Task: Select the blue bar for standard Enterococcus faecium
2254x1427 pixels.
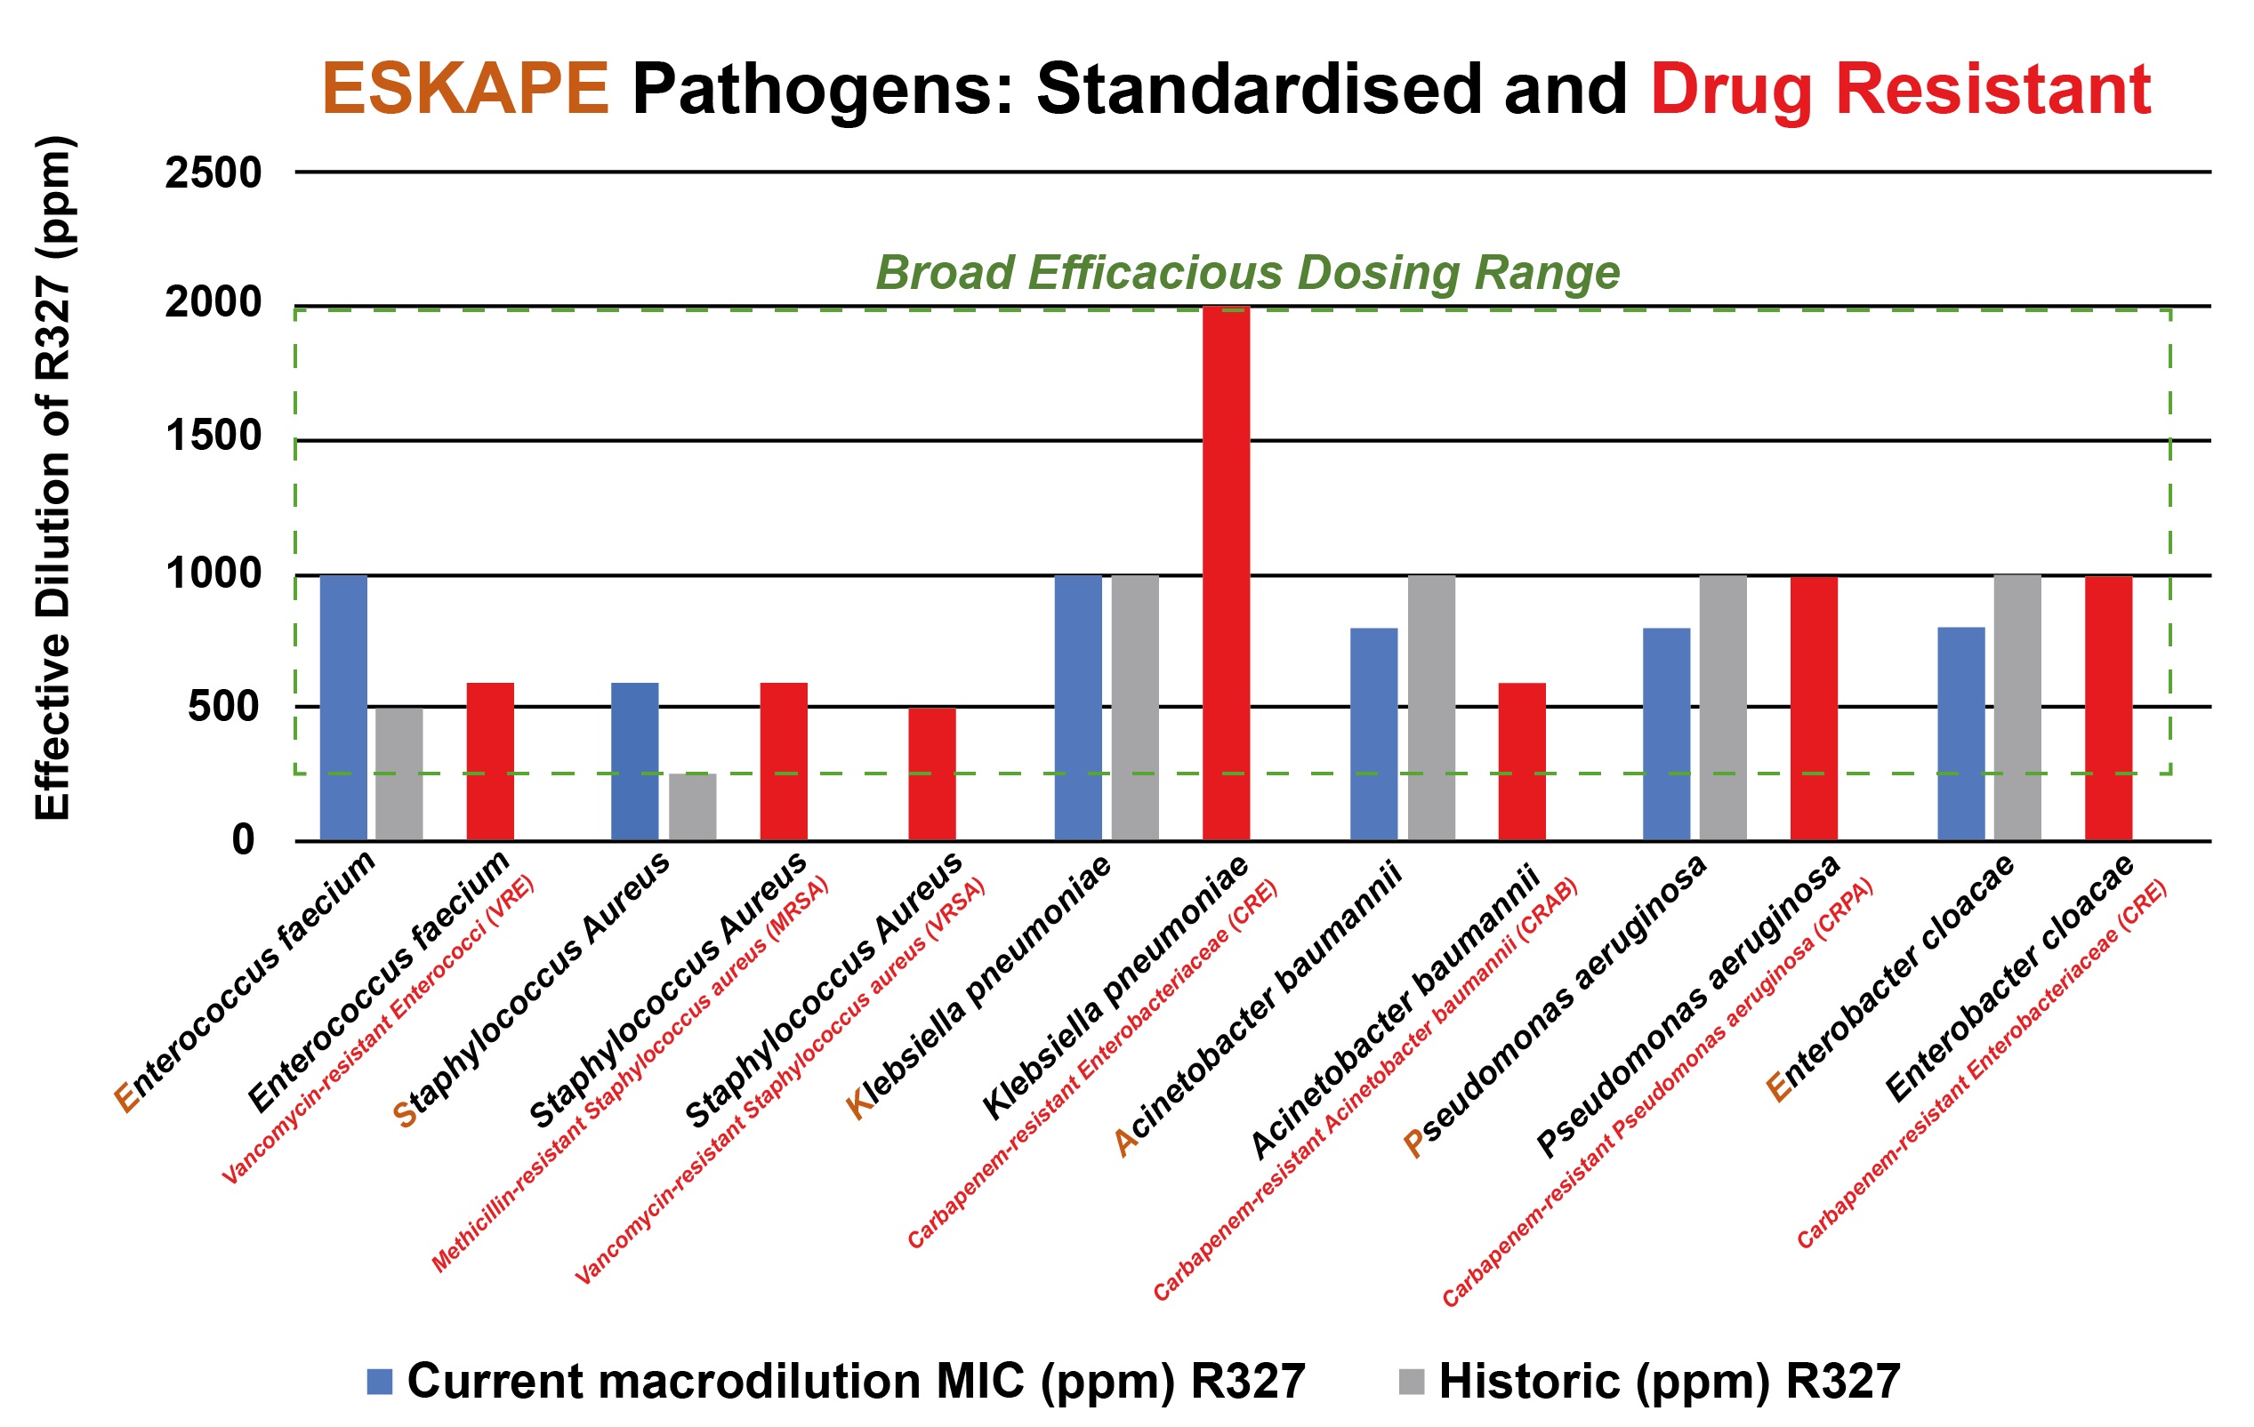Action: [343, 708]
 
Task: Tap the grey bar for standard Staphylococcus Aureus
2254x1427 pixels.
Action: [692, 806]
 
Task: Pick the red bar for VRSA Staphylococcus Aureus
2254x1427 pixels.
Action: [931, 774]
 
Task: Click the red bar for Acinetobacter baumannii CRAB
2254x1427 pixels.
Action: [1521, 761]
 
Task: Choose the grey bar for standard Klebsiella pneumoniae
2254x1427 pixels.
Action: [1134, 708]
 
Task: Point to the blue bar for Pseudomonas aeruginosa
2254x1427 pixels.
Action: [1666, 734]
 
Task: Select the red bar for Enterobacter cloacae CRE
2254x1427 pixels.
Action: [2108, 708]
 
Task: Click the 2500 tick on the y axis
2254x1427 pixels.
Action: [213, 174]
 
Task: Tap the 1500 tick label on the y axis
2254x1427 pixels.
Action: [213, 437]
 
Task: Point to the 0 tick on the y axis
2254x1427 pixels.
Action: [244, 839]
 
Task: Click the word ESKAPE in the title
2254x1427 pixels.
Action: [465, 90]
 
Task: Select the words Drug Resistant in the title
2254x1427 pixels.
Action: [1900, 90]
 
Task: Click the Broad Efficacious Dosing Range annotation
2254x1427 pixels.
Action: [1247, 273]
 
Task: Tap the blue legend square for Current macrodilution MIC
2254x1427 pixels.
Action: [379, 1381]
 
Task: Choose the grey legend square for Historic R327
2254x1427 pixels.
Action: [1411, 1381]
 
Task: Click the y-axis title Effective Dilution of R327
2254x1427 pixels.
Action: [53, 477]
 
